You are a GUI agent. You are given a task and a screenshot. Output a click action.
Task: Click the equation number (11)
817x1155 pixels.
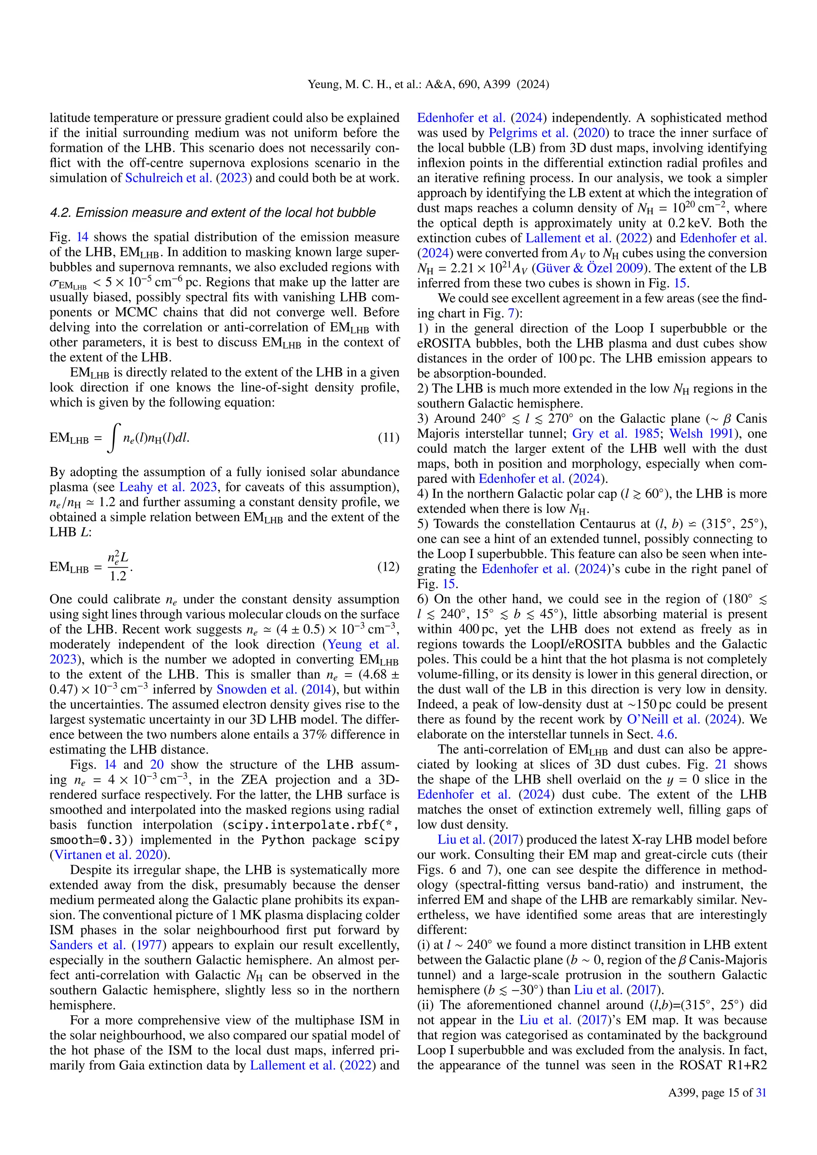click(x=389, y=437)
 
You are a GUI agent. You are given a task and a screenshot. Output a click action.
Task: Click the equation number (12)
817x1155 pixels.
click(x=389, y=567)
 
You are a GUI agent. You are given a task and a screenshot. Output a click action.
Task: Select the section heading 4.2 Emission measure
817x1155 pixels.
click(x=212, y=213)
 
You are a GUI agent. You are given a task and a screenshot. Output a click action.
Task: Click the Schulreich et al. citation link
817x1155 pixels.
click(x=168, y=178)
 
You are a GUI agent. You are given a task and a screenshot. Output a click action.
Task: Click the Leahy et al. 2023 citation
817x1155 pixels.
click(x=168, y=487)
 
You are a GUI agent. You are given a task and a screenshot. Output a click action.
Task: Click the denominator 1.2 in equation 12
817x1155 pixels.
click(x=118, y=576)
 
